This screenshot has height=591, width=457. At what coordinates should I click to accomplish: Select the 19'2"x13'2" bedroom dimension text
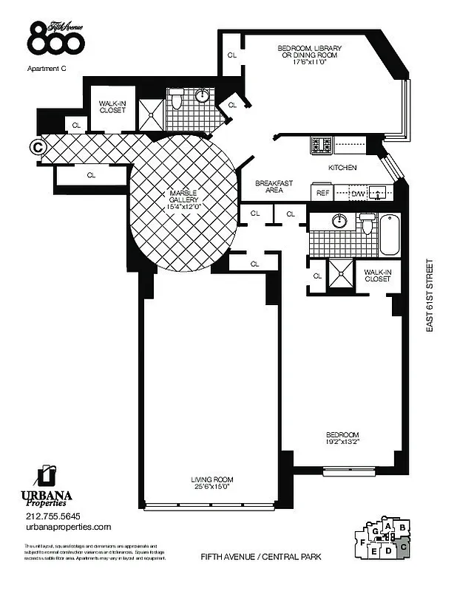coord(344,443)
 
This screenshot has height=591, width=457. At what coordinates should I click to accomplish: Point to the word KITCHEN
coord(343,168)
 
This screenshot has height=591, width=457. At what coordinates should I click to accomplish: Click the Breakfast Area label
coord(271,187)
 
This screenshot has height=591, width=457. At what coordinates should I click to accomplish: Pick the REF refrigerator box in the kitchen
coord(322,193)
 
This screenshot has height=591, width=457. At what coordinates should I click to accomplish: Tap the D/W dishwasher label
coord(358,194)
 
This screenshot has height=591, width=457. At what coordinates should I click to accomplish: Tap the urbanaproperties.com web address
coord(67,527)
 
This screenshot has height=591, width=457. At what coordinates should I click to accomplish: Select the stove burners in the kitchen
coord(321,143)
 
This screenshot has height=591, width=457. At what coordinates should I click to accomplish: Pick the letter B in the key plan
coord(402,527)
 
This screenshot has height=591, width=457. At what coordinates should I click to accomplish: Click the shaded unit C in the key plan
coord(402,547)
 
